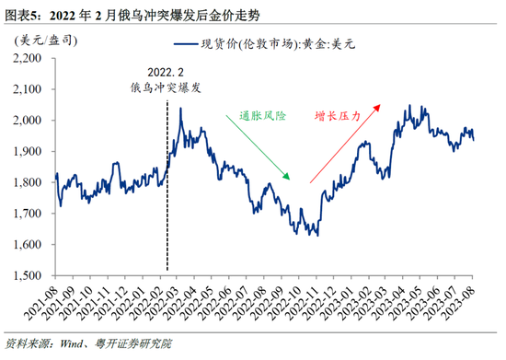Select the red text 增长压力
(338, 117)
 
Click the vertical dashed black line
(167, 184)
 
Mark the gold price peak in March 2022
(180, 108)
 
